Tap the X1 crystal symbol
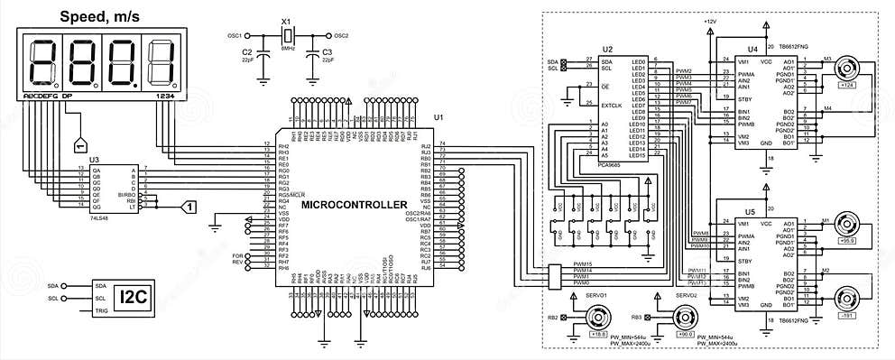(x=287, y=35)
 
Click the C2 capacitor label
(x=247, y=52)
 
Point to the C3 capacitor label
(x=327, y=52)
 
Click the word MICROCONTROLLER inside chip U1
(x=353, y=205)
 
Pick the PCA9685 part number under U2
(x=610, y=164)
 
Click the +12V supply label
(x=709, y=20)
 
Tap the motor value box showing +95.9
(x=847, y=241)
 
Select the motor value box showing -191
(x=847, y=316)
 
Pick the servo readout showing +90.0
(x=686, y=334)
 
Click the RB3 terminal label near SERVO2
(x=636, y=318)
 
